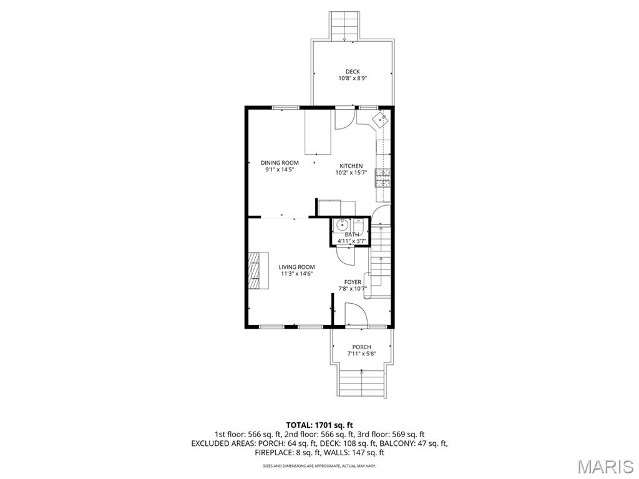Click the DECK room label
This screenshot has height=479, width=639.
pyautogui.click(x=353, y=72)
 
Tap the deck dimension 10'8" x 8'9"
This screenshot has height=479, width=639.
pyautogui.click(x=353, y=79)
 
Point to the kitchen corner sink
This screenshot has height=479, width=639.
pyautogui.click(x=379, y=120)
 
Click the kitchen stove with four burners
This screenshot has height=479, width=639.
pyautogui.click(x=382, y=178)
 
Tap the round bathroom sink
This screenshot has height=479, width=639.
pyautogui.click(x=341, y=225)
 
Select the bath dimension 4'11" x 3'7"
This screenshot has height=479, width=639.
pyautogui.click(x=352, y=241)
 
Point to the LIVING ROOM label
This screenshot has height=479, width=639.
pyautogui.click(x=296, y=267)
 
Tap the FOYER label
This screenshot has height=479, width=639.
pyautogui.click(x=353, y=282)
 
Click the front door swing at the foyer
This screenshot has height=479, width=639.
pyautogui.click(x=353, y=314)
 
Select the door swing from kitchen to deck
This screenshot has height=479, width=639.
pyautogui.click(x=344, y=119)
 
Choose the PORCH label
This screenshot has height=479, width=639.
pyautogui.click(x=361, y=347)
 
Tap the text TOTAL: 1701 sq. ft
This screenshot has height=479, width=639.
pyautogui.click(x=319, y=425)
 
